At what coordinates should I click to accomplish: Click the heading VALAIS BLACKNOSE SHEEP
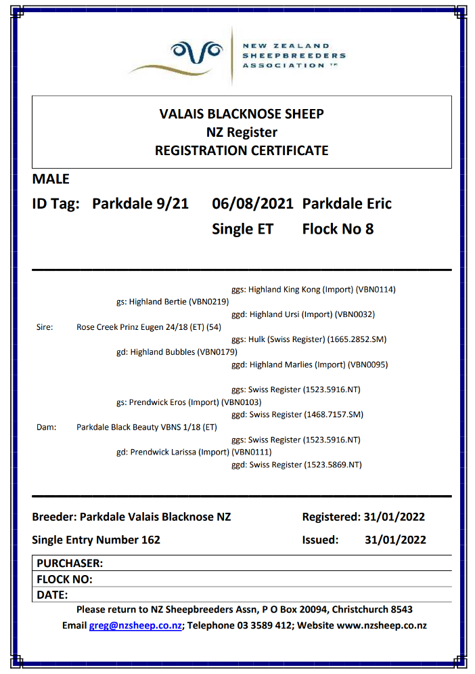[242, 114]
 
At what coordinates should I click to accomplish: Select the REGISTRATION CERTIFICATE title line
[242, 150]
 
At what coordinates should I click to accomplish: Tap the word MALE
[51, 180]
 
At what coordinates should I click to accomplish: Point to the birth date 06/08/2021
[252, 204]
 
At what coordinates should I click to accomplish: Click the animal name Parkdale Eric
[346, 204]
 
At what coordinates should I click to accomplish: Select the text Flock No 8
[338, 229]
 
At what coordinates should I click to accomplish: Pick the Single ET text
[242, 229]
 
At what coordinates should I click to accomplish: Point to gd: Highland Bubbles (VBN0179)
[177, 352]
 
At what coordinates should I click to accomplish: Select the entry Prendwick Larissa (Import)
[183, 452]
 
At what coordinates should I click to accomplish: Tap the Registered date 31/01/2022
[394, 517]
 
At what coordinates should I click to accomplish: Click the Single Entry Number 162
[96, 540]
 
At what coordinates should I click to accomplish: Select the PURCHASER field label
[70, 563]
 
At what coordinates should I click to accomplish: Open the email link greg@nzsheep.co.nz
[135, 626]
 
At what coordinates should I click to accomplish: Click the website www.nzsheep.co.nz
[382, 626]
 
